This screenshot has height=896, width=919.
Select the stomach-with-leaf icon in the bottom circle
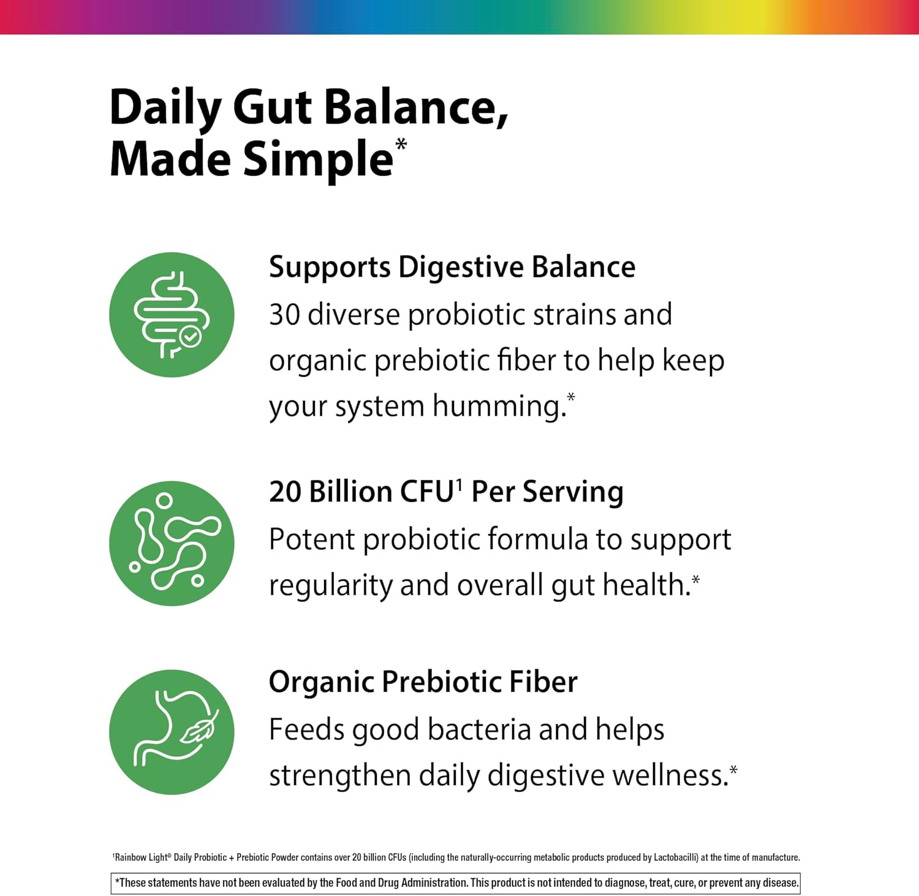coord(175,729)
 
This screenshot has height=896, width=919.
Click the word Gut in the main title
coord(272,108)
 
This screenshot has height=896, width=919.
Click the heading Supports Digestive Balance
coord(452,268)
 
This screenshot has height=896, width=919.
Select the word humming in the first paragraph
coord(499,406)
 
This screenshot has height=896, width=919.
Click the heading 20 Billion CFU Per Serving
coord(446,492)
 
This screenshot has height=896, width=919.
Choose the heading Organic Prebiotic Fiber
coord(423,682)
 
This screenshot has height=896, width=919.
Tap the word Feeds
coord(307,729)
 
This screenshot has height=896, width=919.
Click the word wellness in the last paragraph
coord(670,775)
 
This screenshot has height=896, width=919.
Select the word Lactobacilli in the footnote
coord(676,857)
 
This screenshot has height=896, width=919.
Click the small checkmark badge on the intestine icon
coord(189,336)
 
